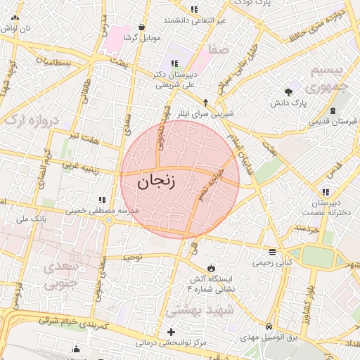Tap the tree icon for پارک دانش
point(288,92)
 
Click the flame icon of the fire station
point(211,268)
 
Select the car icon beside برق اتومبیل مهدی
point(270,327)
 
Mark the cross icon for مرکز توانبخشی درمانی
point(171,332)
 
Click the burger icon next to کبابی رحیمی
point(272,251)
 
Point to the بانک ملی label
point(31,219)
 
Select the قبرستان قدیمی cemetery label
point(326,122)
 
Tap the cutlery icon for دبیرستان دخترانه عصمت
point(325,191)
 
